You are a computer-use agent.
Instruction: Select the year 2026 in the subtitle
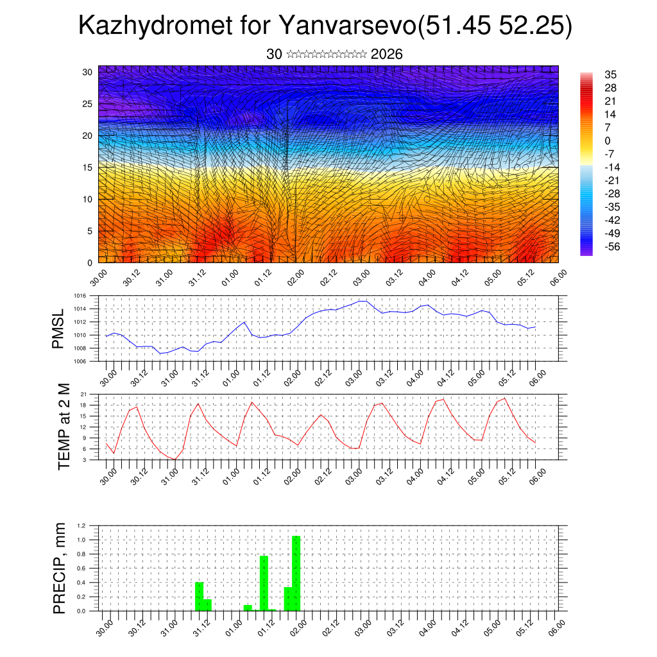coord(387,55)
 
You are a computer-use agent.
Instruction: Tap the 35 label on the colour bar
coord(610,75)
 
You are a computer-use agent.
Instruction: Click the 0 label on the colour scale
coord(608,141)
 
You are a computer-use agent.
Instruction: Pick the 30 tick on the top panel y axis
coord(87,72)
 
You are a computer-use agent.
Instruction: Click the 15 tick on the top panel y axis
coord(87,167)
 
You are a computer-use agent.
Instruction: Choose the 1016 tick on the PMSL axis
coord(80,296)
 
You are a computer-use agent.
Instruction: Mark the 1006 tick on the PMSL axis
coord(80,361)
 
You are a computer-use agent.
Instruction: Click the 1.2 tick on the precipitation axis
coord(81,525)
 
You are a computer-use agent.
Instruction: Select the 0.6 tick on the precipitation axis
coord(81,568)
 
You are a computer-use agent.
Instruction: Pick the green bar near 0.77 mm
coord(264,583)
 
